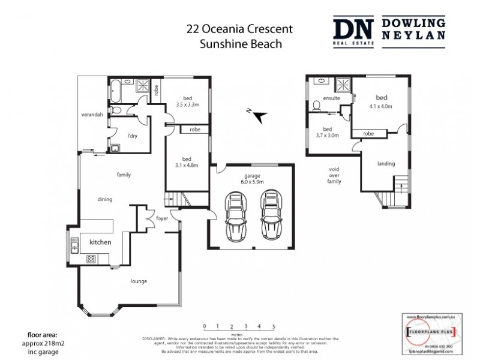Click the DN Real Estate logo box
click(354, 30)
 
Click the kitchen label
click(100, 242)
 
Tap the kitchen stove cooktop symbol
click(92, 259)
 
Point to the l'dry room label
click(132, 136)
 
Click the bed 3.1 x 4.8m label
click(187, 162)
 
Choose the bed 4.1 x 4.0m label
click(381, 102)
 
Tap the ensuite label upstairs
click(331, 98)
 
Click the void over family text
click(334, 175)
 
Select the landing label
click(386, 163)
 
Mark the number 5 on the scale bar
click(274, 326)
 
